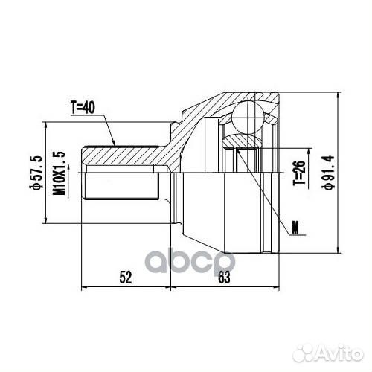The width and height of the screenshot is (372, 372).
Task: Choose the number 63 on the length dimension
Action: coord(223,278)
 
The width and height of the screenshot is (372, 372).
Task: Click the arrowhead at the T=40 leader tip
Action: coord(114,143)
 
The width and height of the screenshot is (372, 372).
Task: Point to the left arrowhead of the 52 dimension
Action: coord(83,286)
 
